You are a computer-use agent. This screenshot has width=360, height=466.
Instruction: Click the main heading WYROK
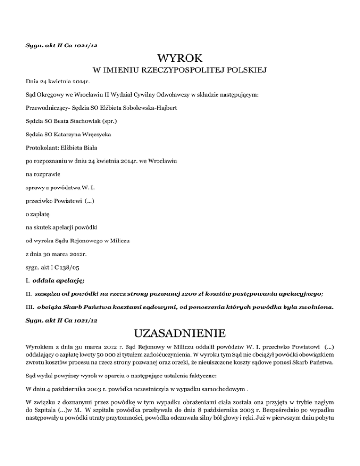[180, 59]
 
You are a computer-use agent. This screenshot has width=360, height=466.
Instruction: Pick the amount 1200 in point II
[177, 294]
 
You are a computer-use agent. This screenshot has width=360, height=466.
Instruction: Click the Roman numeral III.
[29, 308]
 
